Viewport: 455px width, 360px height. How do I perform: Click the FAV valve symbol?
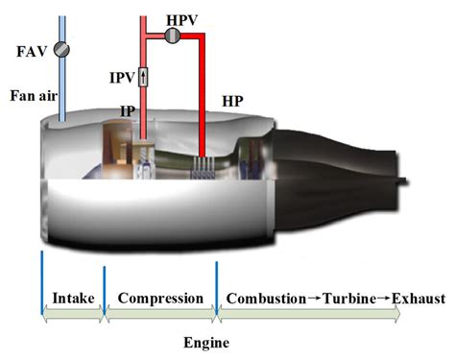pos(61,49)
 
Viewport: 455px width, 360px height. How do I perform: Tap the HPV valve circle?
pos(174,36)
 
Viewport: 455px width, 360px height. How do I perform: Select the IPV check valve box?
pos(143,76)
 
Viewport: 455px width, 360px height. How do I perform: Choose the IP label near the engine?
pos(128,111)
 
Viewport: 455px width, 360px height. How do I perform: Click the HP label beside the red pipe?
pos(231,100)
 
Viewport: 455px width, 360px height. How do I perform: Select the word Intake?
pos(73,299)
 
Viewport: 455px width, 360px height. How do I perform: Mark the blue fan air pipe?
pos(61,86)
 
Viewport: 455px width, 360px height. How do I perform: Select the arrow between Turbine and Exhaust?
pos(384,299)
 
